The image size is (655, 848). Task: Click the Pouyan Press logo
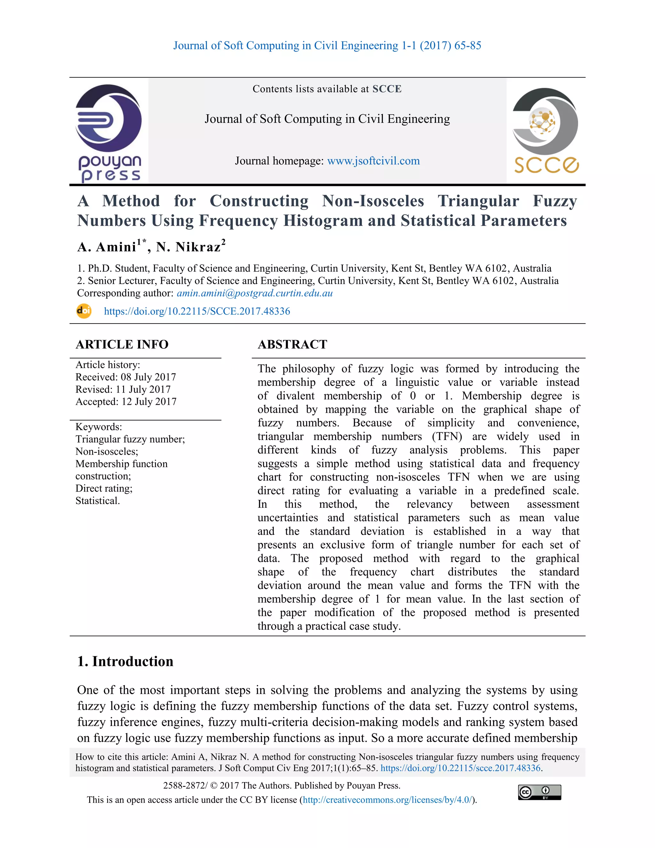coord(109,132)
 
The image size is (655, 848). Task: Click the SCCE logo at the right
coord(546,131)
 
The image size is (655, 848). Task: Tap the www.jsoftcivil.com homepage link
coord(373,161)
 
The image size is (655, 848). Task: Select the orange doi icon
coord(84,311)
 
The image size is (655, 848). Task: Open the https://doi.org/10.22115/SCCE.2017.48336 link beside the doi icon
coord(197,311)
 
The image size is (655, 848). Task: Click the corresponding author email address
coord(255,293)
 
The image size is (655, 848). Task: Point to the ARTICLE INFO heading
coord(122,344)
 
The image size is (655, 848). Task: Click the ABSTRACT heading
coord(292,344)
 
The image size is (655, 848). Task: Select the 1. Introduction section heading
coord(125,661)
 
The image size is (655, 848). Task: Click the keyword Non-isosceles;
coord(107,451)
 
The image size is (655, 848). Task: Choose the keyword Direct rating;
coord(104,488)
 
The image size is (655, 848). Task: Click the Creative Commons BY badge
coord(539,792)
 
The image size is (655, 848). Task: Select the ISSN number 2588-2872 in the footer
coord(184,786)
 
